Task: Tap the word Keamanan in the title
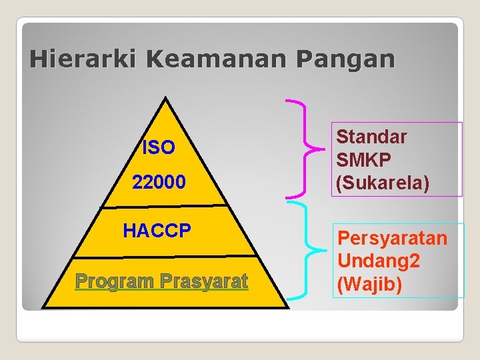click(x=215, y=59)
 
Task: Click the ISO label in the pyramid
click(x=159, y=147)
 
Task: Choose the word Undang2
click(x=379, y=261)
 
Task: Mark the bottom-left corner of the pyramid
click(x=41, y=307)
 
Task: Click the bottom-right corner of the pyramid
click(x=289, y=307)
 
